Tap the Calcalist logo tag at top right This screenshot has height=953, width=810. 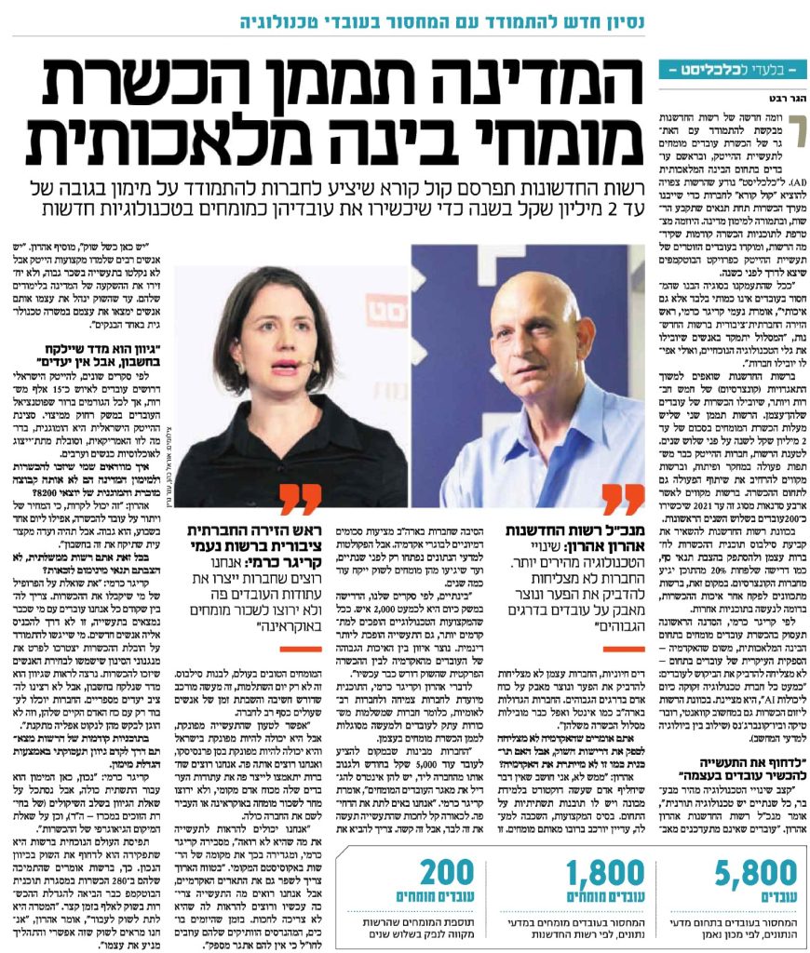point(732,70)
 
